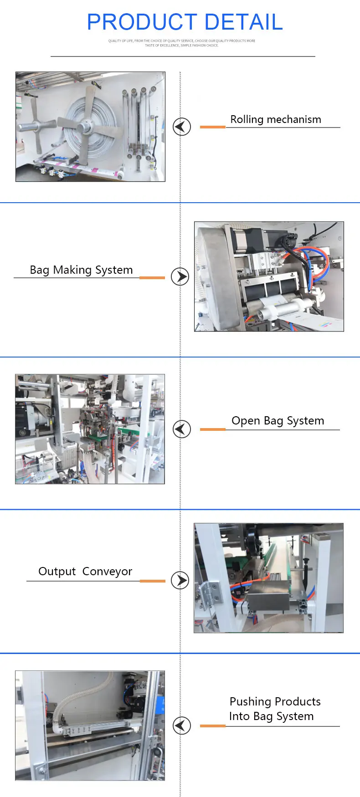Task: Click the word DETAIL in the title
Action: tap(244, 22)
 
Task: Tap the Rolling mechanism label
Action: tap(276, 119)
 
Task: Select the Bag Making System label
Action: tap(81, 270)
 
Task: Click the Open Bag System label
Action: tap(278, 421)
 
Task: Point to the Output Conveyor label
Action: tap(85, 572)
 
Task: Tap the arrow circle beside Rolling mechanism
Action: tap(181, 126)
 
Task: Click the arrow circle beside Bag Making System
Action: tap(180, 276)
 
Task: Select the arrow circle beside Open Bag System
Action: tap(181, 429)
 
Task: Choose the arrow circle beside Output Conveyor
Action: tap(180, 580)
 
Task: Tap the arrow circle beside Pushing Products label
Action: tap(181, 725)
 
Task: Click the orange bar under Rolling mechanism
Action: tap(212, 127)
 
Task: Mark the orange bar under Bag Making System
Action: tap(152, 277)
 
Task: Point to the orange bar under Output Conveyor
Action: tap(152, 581)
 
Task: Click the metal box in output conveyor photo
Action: tap(268, 597)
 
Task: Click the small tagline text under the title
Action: tap(182, 43)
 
